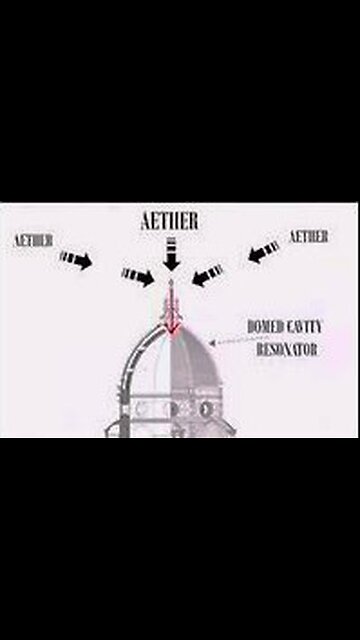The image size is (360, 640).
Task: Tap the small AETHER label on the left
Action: pos(35,241)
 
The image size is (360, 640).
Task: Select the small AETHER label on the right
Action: pos(309,236)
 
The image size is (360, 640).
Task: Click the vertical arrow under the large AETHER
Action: pos(171,254)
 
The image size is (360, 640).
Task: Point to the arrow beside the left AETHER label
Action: pos(75,259)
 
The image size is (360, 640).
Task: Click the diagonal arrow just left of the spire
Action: pos(139,275)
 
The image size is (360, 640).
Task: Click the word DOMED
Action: pos(264,326)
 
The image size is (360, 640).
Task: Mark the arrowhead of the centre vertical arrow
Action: pos(171,265)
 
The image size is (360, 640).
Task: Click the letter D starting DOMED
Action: pos(251,326)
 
